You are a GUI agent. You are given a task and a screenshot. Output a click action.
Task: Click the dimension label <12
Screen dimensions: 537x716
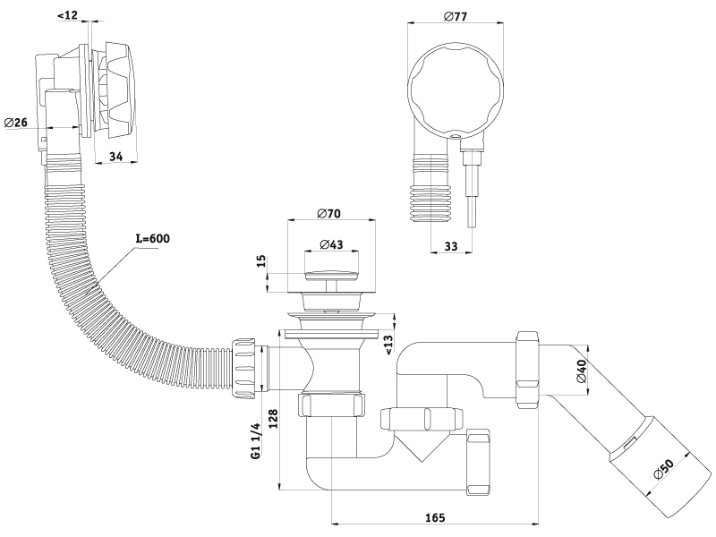coord(68,15)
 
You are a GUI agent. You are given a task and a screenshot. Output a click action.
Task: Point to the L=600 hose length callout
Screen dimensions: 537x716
coord(152,239)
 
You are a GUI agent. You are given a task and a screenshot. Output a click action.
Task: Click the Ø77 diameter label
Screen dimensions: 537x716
coord(457,15)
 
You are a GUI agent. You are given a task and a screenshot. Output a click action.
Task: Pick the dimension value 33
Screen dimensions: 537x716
coord(450,246)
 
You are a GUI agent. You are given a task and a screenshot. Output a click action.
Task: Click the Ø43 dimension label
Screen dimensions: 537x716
coord(332,244)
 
